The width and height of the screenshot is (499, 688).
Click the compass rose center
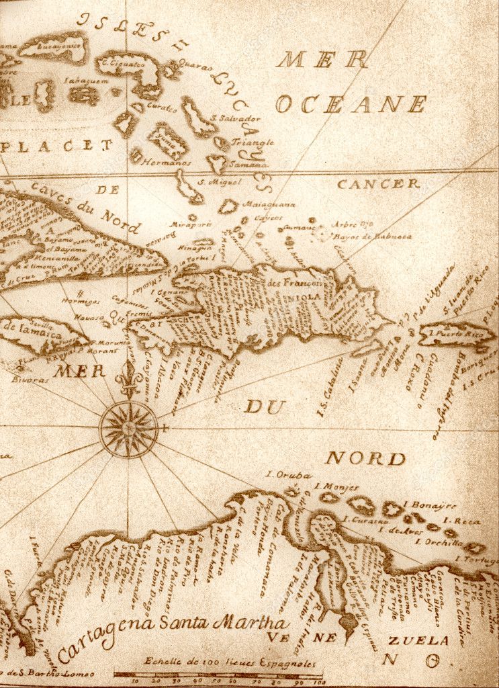[x=128, y=428]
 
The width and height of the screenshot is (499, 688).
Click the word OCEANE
[x=351, y=104]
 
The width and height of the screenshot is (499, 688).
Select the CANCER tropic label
[x=378, y=183]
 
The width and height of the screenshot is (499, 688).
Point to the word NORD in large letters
[x=365, y=459]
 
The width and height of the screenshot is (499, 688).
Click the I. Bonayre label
[x=430, y=505]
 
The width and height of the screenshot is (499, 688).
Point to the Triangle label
[x=253, y=142]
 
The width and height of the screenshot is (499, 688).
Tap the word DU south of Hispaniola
[x=264, y=406]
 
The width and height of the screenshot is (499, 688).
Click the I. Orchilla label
[x=439, y=542]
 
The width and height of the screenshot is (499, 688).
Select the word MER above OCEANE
[x=322, y=60]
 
